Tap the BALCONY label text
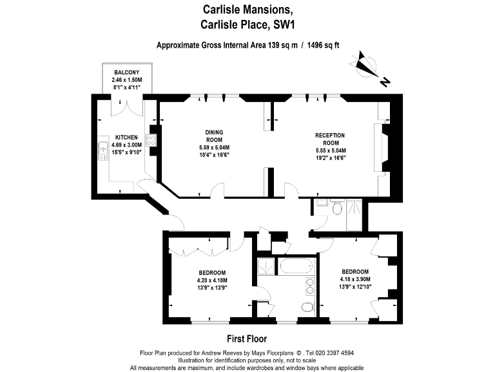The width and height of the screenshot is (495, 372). pos(127,72)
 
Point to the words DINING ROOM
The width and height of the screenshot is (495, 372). pos(214,136)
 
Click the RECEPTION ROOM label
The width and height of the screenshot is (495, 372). pos(330,139)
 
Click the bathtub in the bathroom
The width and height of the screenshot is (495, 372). pos(296,266)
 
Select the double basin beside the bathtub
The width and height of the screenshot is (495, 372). pos(309,286)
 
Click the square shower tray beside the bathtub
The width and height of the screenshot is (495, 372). pos(265,266)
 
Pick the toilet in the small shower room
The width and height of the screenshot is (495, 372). pos(336,209)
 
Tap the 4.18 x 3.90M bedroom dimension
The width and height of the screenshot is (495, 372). pos(355,279)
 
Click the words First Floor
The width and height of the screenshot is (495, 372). pos(247,338)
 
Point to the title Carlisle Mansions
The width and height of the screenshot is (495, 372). pos(247,10)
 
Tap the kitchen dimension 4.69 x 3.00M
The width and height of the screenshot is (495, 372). pos(126,145)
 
